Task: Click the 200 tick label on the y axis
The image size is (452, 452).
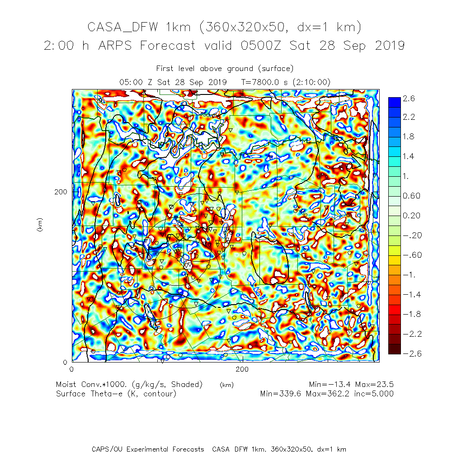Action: [61, 191]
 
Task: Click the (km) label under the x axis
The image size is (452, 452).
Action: [226, 385]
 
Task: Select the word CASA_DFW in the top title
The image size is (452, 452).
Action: [123, 28]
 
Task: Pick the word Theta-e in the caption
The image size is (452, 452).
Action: [104, 393]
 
